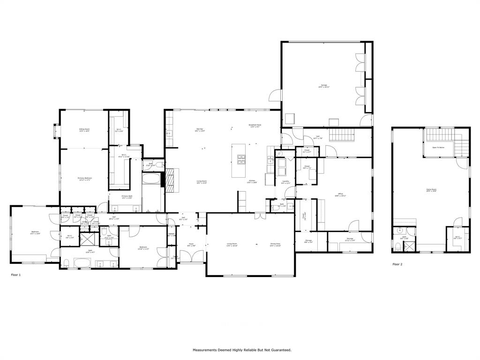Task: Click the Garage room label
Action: pos(324,86)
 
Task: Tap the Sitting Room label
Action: pos(84,130)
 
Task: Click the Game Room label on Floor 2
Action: pos(431,190)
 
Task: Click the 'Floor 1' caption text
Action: pos(16,275)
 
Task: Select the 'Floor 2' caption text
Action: pos(397,264)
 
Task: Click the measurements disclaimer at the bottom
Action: pos(242,350)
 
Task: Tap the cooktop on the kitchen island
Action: pos(241,159)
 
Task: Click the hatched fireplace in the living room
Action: pos(171,180)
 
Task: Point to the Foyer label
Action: pos(191,244)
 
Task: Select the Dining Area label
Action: pos(275,245)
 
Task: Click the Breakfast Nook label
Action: pos(255,126)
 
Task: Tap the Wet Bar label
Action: pos(200,131)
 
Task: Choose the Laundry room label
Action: pos(285,182)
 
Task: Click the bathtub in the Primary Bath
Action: pos(151,180)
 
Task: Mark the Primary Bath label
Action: pos(127,197)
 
